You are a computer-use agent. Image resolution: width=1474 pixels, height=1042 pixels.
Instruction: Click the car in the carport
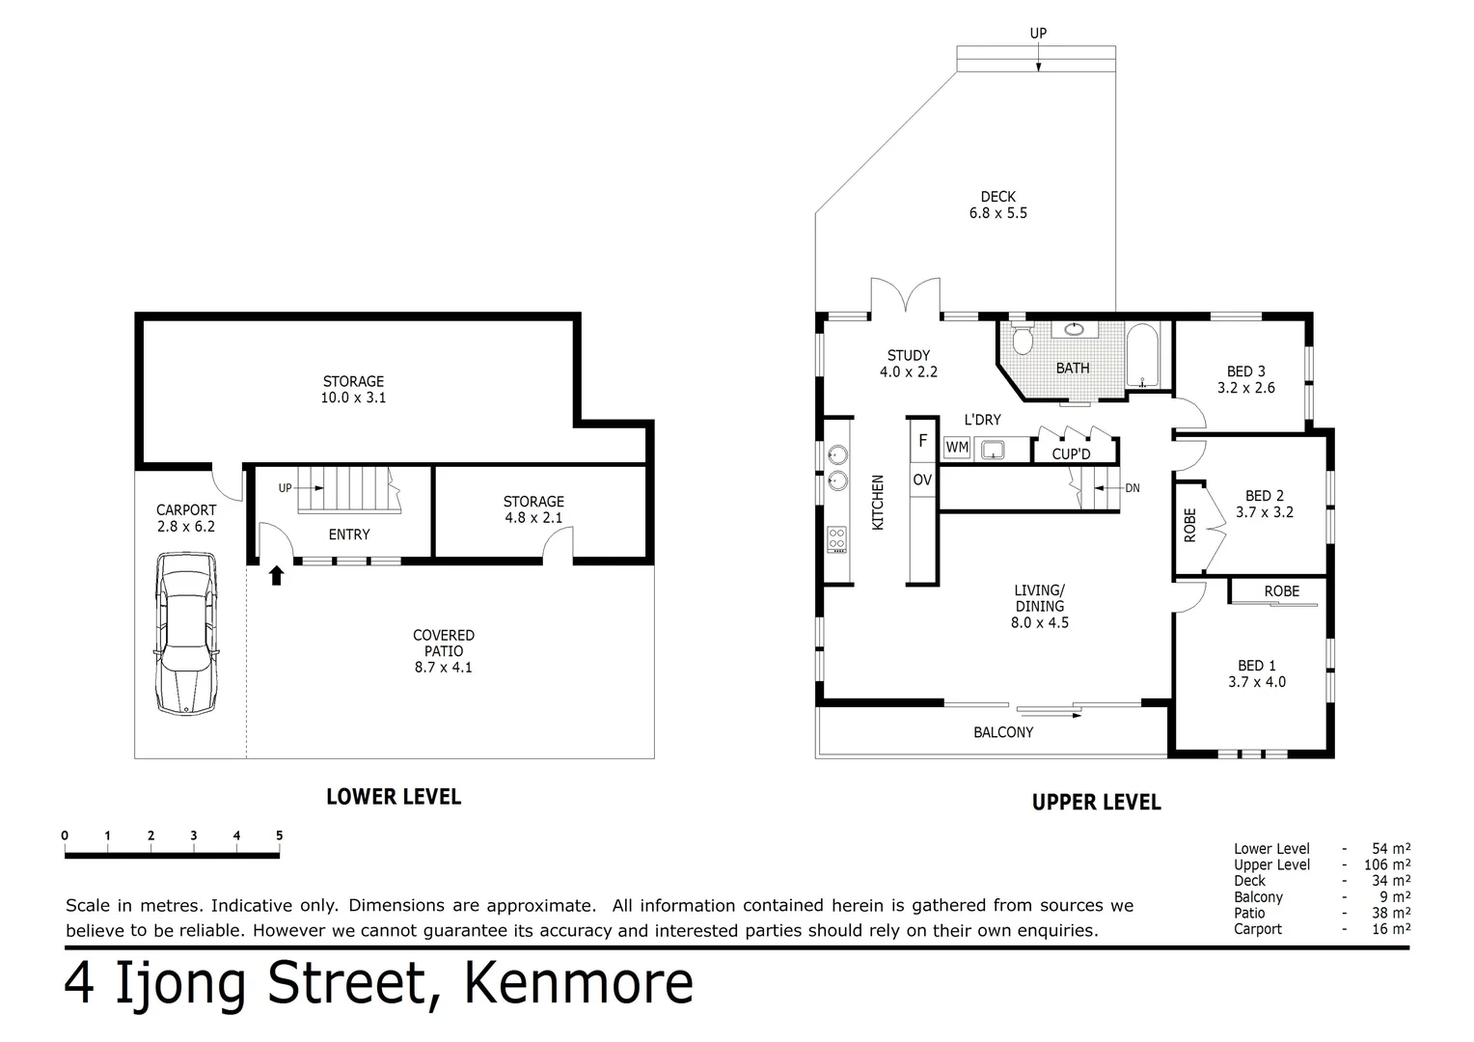[x=185, y=633]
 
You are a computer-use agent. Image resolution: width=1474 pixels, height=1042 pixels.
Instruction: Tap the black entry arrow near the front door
[x=277, y=576]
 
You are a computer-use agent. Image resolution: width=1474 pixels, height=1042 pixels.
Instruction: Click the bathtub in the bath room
[x=1143, y=356]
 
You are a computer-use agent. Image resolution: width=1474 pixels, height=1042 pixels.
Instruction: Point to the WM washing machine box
[x=956, y=448]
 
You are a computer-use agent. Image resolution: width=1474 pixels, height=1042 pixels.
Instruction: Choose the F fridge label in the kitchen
[x=922, y=441]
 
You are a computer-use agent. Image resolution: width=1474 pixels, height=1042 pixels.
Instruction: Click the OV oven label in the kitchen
[x=922, y=480]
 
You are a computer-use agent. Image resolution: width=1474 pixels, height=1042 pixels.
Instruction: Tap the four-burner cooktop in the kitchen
[x=836, y=539]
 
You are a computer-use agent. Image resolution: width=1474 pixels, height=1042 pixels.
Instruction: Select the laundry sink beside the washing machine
[x=991, y=449]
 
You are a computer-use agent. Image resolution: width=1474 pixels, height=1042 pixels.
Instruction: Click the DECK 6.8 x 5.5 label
[x=997, y=205]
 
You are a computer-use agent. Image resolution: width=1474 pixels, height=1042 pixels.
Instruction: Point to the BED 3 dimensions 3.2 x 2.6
[x=1245, y=388]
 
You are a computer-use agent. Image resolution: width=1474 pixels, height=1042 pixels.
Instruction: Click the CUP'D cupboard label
[x=1071, y=454]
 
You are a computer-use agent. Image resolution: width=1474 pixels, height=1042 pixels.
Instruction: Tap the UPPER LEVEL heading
[x=1096, y=802]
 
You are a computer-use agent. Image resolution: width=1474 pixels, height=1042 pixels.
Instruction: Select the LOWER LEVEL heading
[x=393, y=797]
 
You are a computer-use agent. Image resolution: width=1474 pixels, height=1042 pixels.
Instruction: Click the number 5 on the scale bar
[x=279, y=836]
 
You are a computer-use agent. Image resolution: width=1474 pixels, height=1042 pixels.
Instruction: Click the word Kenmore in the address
[x=578, y=983]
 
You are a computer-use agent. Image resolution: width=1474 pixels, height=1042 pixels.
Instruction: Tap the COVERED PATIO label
[x=443, y=650]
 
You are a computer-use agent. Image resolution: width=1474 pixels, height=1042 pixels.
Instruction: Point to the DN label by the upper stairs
[x=1132, y=488]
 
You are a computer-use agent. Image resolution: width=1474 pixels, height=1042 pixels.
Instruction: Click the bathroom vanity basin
[x=1074, y=329]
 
